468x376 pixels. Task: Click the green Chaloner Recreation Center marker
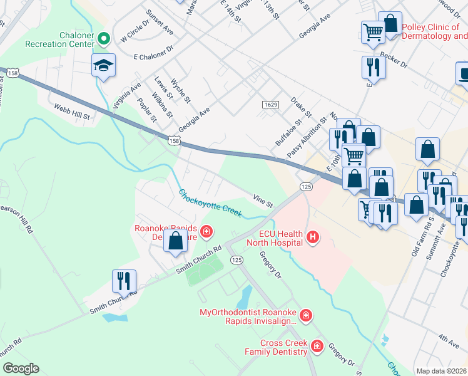(104, 39)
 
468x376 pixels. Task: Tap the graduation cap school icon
(103, 65)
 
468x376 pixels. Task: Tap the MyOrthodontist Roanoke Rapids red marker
(305, 315)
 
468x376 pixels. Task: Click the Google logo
(21, 368)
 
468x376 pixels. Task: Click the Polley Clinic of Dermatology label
(434, 31)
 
